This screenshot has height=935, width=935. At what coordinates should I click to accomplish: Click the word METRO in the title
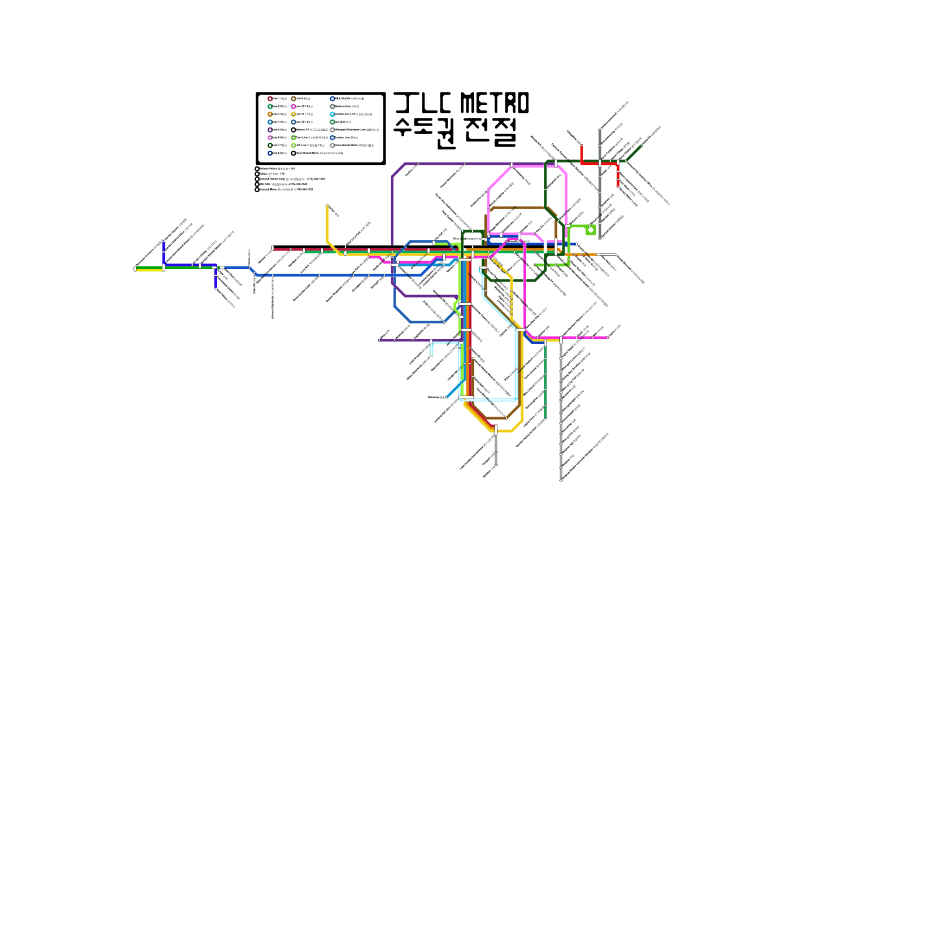point(494,103)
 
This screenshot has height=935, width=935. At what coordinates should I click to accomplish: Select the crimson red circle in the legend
point(270,99)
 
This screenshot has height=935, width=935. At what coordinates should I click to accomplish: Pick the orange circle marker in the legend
point(270,115)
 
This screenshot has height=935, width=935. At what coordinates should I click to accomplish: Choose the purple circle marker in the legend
point(270,130)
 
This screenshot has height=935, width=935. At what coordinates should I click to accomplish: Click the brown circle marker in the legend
point(293,99)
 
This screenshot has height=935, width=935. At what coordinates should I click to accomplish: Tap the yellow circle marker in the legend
point(293,115)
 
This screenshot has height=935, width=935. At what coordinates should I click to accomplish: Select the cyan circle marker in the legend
point(333,115)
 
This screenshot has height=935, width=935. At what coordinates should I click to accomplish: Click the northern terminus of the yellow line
point(327,206)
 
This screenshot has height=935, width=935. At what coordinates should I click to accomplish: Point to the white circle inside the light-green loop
point(591,230)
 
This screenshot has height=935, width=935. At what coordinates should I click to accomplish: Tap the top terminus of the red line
point(581,145)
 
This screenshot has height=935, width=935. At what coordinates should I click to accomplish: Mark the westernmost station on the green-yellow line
point(135,269)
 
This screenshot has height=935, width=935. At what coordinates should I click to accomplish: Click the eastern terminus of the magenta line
point(608,337)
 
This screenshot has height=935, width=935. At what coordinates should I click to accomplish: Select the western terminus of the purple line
point(379,340)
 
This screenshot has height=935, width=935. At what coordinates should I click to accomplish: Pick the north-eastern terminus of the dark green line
point(642,146)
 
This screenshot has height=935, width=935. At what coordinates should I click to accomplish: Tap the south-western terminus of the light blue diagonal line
point(447,397)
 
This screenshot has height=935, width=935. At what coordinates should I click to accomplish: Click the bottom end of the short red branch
point(618,186)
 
